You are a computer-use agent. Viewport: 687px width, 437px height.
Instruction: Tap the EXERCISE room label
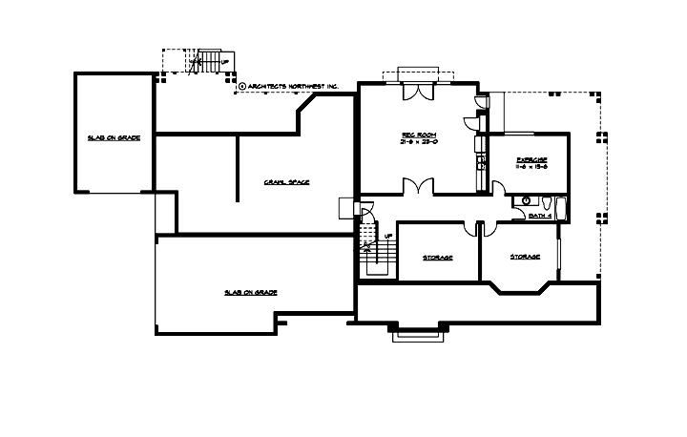coord(531,159)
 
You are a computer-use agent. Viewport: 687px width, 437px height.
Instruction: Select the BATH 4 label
coord(540,217)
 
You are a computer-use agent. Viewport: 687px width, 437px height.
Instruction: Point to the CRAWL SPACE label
coord(287,182)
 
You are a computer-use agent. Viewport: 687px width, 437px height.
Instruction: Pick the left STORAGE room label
coord(437,258)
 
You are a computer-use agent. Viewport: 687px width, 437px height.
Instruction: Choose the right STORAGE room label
coord(525,257)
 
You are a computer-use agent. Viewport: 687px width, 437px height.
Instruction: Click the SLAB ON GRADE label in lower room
coord(251,292)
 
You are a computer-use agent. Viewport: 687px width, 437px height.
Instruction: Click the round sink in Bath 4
coord(523,200)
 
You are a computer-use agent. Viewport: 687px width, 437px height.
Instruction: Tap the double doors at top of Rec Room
coord(417,93)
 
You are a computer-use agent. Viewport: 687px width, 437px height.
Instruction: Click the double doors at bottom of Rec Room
coord(417,187)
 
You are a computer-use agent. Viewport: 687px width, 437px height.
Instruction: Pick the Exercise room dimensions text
coord(531,167)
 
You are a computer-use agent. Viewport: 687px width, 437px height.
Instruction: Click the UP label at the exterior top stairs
coord(224,63)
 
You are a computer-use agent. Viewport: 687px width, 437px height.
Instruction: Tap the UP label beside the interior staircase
coord(387,235)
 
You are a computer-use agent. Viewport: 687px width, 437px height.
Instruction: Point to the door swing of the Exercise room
coord(499,187)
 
